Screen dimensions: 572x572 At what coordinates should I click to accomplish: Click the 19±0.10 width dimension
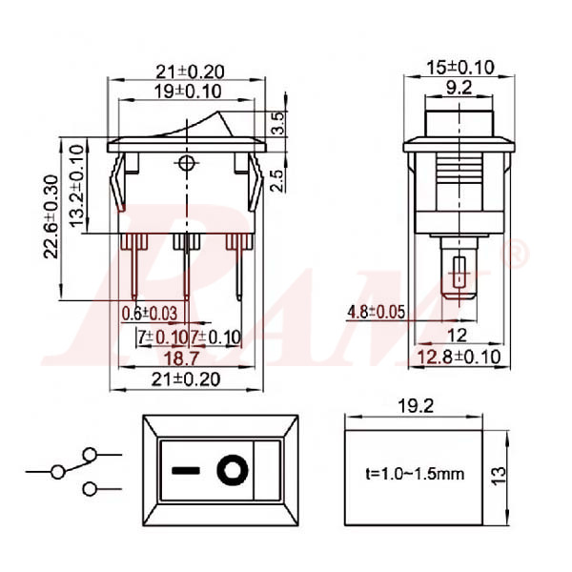[187, 92]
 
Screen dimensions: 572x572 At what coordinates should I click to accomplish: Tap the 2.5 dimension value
[277, 180]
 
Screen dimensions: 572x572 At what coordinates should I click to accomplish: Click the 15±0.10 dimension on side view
[460, 68]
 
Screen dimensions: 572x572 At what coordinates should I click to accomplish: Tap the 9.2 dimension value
[460, 87]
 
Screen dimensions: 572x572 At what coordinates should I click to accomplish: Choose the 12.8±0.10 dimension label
[460, 357]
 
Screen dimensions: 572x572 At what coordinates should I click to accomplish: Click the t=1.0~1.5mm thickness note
[416, 473]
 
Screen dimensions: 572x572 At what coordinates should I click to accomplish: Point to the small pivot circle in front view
[186, 165]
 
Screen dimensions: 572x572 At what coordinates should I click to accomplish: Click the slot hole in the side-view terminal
[460, 276]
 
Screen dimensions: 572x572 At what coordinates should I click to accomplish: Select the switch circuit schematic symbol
[76, 470]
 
